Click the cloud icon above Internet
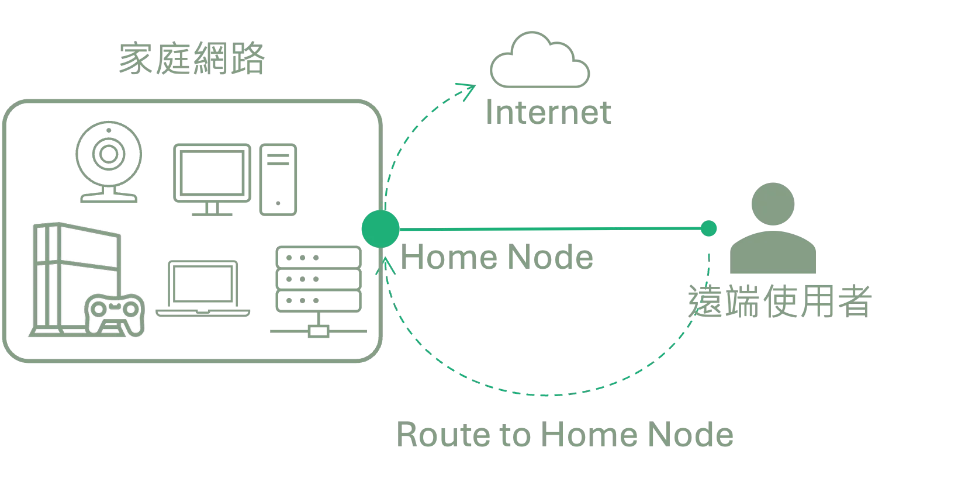coord(541,62)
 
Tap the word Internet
coord(549,113)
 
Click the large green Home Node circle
coord(380,228)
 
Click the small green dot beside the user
coord(709,229)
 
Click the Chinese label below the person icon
coord(780,300)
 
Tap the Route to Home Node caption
coord(564,435)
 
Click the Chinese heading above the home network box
coord(192,58)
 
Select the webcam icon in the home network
coord(109,161)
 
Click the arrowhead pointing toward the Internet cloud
coord(468,91)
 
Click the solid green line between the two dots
coord(549,228)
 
